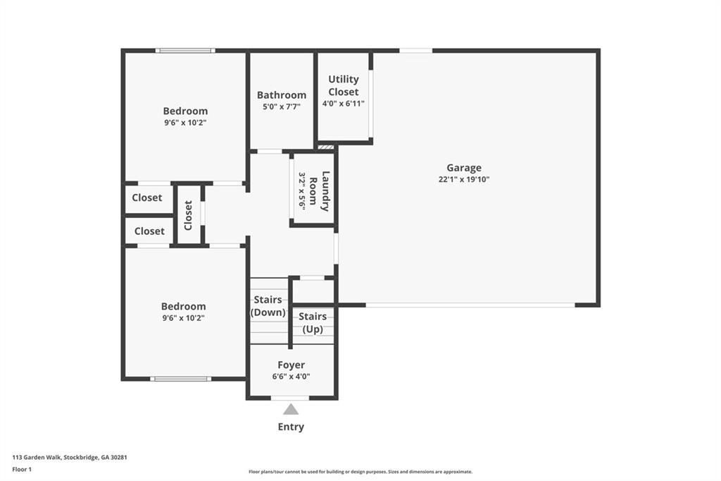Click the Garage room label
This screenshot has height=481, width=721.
click(463, 168)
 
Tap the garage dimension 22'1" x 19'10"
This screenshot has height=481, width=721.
click(463, 179)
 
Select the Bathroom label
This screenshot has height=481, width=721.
click(281, 95)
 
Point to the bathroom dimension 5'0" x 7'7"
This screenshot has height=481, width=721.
click(281, 106)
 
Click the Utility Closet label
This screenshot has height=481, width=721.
click(344, 85)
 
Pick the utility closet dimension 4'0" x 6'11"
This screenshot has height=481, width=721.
click(344, 103)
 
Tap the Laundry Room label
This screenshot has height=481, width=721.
click(325, 191)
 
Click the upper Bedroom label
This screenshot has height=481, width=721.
click(185, 111)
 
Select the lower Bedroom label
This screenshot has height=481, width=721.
click(183, 306)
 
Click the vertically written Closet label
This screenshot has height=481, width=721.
click(189, 215)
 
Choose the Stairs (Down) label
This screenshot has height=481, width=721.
click(268, 306)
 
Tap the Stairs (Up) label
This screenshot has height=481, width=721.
click(313, 323)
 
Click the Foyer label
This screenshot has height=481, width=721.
click(291, 365)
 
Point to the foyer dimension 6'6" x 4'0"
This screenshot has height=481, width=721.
click(291, 376)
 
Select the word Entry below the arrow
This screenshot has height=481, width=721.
click(291, 427)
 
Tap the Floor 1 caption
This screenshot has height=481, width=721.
click(22, 468)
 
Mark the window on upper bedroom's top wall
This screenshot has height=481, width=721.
click(185, 51)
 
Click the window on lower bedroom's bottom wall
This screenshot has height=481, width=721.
click(181, 379)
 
